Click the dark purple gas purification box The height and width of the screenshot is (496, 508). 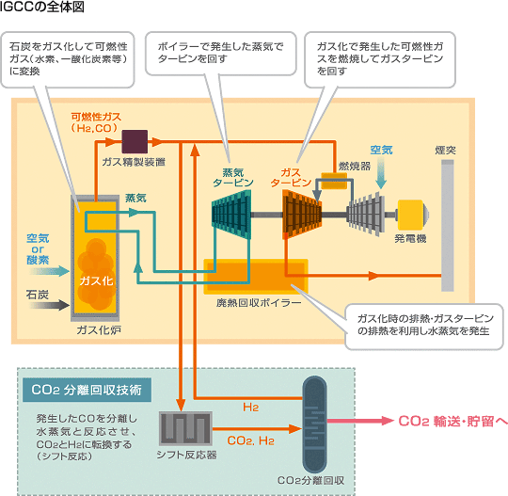pyautogui.click(x=135, y=142)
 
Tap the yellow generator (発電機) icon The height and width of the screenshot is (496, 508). pyautogui.click(x=413, y=215)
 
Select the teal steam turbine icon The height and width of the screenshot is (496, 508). pyautogui.click(x=231, y=215)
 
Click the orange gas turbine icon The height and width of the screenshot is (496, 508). pyautogui.click(x=302, y=215)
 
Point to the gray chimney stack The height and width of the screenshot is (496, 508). pyautogui.click(x=448, y=226)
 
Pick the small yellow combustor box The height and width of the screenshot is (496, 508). pyautogui.click(x=334, y=181)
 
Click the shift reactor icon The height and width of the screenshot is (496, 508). pyautogui.click(x=185, y=428)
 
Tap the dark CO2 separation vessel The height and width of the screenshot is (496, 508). pyautogui.click(x=314, y=424)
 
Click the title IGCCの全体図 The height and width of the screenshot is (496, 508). pyautogui.click(x=42, y=7)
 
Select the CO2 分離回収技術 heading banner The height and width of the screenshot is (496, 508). pyautogui.click(x=87, y=390)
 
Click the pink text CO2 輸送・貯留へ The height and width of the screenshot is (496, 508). pyautogui.click(x=452, y=421)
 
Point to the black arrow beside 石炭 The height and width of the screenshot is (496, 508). pyautogui.click(x=49, y=305)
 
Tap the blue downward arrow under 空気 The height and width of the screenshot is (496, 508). pyautogui.click(x=381, y=172)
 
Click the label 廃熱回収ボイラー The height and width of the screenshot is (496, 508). pyautogui.click(x=259, y=303)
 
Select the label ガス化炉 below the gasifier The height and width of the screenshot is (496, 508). pyautogui.click(x=99, y=330)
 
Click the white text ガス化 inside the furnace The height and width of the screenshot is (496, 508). pyautogui.click(x=96, y=280)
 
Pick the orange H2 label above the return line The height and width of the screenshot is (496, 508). pyautogui.click(x=251, y=408)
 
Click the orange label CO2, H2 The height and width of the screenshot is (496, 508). pyautogui.click(x=251, y=440)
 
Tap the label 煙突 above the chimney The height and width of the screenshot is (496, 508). pyautogui.click(x=446, y=150)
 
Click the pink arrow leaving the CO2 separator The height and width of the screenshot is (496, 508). pyautogui.click(x=360, y=421)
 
